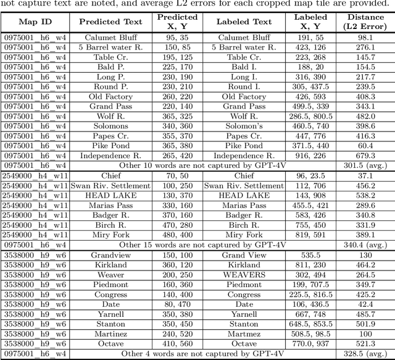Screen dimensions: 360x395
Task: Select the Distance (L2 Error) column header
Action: tap(365, 22)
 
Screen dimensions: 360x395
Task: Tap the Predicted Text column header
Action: tap(111, 22)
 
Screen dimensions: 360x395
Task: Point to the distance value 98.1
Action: tap(365, 38)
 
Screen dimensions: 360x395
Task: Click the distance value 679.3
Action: tap(365, 156)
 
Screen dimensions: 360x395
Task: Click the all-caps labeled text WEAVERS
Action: tap(244, 274)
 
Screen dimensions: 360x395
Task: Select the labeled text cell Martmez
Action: tap(244, 333)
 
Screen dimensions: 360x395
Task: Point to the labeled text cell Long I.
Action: tap(244, 77)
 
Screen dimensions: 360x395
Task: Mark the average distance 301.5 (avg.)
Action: tap(365, 165)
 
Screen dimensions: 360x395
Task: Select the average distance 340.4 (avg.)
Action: tap(365, 245)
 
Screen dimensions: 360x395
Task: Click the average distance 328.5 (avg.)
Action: tap(365, 354)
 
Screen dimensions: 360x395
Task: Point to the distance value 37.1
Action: tap(365, 175)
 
